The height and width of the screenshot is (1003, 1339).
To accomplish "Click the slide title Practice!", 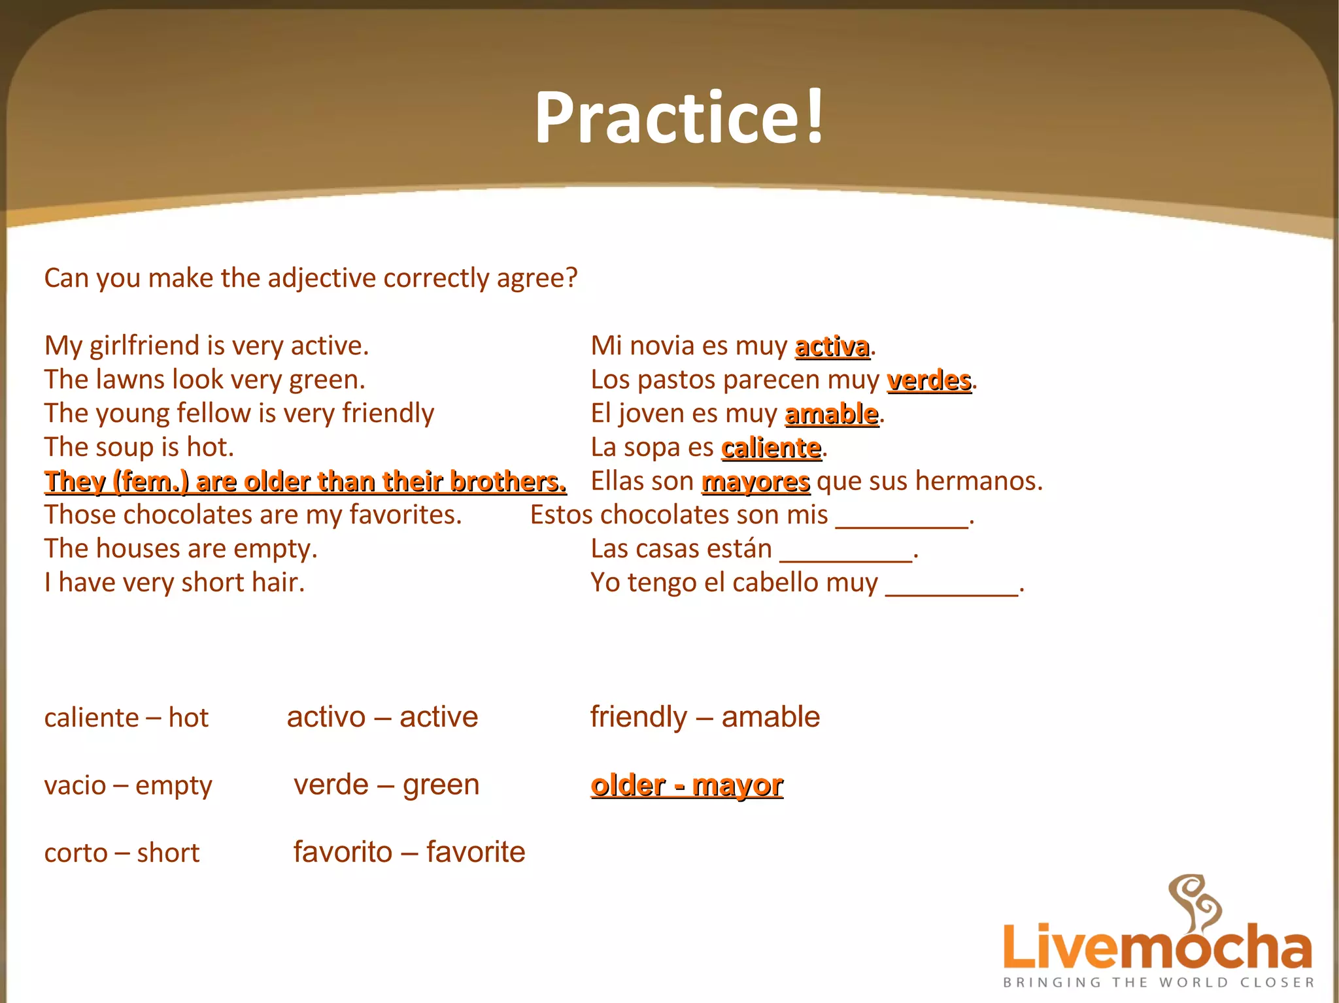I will point(679,118).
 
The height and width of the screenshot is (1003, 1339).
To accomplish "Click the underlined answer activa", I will point(832,346).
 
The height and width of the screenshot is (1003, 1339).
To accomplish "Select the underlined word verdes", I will point(928,380).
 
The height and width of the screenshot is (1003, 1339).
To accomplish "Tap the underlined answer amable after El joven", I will point(831,414).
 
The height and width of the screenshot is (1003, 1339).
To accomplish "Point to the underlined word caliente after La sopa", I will point(771,448).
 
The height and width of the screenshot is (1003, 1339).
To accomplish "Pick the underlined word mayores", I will point(756,482).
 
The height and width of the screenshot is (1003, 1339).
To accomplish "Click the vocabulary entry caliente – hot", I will point(126,718).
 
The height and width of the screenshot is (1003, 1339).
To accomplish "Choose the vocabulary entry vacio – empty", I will point(128,785).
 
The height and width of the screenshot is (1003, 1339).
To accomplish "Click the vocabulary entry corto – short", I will point(122,853).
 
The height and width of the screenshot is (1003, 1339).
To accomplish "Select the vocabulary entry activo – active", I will point(382,717).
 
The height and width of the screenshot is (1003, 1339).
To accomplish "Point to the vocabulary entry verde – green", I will point(386,785).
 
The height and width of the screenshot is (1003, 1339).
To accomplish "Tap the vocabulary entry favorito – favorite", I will point(409,852).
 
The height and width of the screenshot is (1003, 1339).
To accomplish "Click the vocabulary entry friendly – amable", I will point(705,717).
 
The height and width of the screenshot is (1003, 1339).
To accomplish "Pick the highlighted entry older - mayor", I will point(686,785).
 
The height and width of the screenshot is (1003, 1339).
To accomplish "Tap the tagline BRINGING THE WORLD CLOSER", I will point(1158,982).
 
